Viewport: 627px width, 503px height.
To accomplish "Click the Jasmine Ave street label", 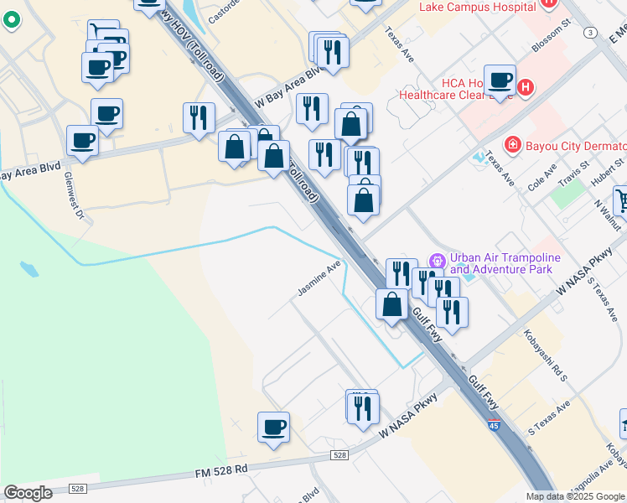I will click(319, 280).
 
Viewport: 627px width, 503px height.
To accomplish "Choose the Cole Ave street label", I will click(541, 179).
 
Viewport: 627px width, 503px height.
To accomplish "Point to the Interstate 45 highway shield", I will click(495, 426).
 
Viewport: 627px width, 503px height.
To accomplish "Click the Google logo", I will click(28, 492).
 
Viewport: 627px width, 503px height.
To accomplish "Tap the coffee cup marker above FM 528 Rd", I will click(273, 428).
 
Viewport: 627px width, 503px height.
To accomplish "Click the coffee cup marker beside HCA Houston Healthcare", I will click(500, 80).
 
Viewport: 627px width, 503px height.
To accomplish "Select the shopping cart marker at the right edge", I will click(621, 200).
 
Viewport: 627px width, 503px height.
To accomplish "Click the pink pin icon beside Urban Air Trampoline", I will click(436, 258).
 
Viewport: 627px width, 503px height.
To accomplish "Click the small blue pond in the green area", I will click(28, 269).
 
